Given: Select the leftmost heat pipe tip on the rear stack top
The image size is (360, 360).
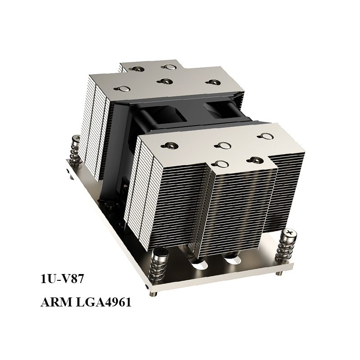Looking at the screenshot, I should click(x=121, y=87).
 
